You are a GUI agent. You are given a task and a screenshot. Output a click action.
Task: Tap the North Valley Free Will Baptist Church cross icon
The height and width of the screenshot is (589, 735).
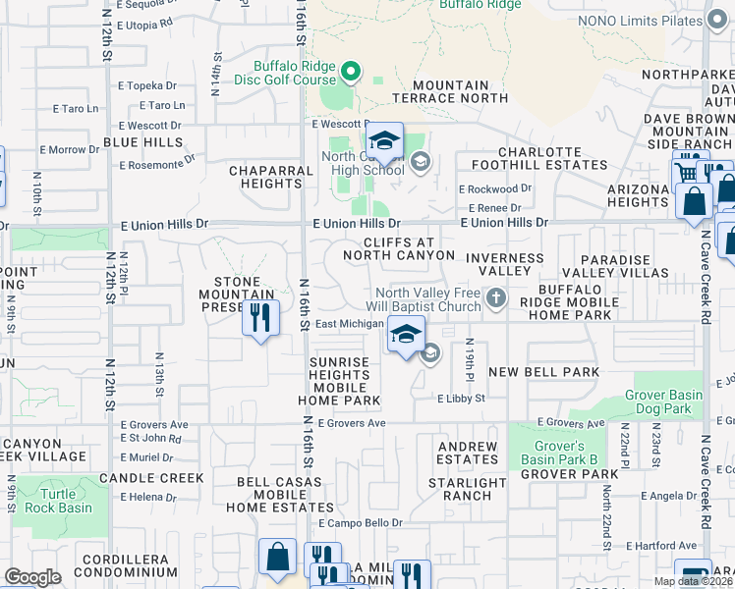496,297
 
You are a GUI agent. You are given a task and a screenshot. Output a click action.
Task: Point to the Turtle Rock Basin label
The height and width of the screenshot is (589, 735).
67,501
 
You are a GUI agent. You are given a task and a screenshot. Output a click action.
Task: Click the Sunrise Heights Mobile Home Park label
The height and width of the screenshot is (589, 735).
340,381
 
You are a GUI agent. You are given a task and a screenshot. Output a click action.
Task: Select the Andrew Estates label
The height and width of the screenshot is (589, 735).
468,453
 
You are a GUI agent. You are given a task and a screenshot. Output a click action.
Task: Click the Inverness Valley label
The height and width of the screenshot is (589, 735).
504,264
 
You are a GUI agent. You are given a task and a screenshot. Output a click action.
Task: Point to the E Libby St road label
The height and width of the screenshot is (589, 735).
462,399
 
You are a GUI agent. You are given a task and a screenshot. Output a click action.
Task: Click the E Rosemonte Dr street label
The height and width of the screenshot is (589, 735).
158,163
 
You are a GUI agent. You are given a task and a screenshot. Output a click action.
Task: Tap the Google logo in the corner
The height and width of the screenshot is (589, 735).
32,577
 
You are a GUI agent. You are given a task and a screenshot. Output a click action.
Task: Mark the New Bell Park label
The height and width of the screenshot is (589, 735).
543,372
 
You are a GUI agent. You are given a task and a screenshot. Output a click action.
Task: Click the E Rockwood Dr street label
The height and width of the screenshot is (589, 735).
494,188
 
